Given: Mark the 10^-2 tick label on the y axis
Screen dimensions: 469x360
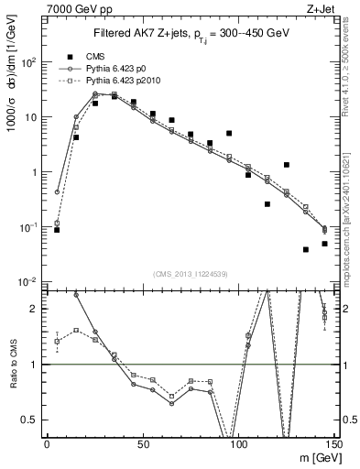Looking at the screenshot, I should tap(31, 281).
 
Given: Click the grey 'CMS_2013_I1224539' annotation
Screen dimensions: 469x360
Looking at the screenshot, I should tap(190, 273).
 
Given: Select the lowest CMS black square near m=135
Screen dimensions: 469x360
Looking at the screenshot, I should tap(306, 249).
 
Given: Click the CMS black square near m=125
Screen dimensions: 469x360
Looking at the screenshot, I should tap(287, 165).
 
